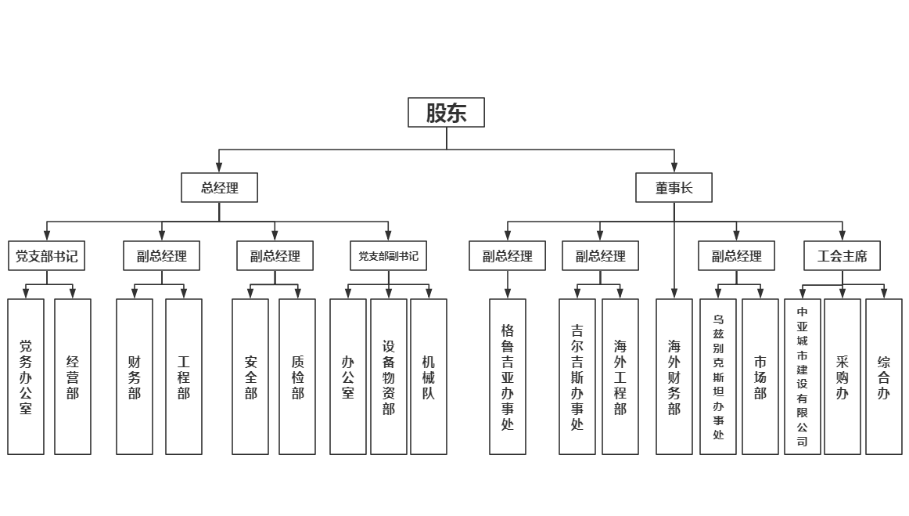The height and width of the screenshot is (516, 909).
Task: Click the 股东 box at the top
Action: [x=446, y=113]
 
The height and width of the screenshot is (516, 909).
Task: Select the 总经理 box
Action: [x=219, y=188]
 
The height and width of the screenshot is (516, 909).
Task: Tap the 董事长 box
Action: [x=674, y=188]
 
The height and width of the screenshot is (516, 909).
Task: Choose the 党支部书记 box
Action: [x=47, y=256]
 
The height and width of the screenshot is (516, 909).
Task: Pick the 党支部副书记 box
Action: [x=388, y=256]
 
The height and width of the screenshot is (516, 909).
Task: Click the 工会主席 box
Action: [x=843, y=256]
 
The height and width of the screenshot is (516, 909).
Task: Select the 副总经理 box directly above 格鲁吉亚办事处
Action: [x=507, y=256]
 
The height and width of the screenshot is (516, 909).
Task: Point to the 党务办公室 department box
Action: [x=26, y=376]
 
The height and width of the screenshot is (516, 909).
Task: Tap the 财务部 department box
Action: [x=135, y=376]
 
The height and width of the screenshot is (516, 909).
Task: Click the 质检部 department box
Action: [x=297, y=376]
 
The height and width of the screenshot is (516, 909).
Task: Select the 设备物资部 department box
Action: [x=389, y=376]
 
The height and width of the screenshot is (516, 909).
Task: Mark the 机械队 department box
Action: [x=429, y=376]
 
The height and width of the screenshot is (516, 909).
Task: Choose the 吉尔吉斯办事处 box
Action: [x=577, y=376]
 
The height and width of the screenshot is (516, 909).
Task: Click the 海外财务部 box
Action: [x=674, y=376]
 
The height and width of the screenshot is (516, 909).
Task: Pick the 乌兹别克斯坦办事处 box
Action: [x=718, y=376]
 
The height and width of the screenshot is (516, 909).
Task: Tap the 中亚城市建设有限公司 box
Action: [x=803, y=376]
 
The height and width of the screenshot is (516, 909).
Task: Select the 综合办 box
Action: [x=884, y=376]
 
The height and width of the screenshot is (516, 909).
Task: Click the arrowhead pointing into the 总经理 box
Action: [x=219, y=167]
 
